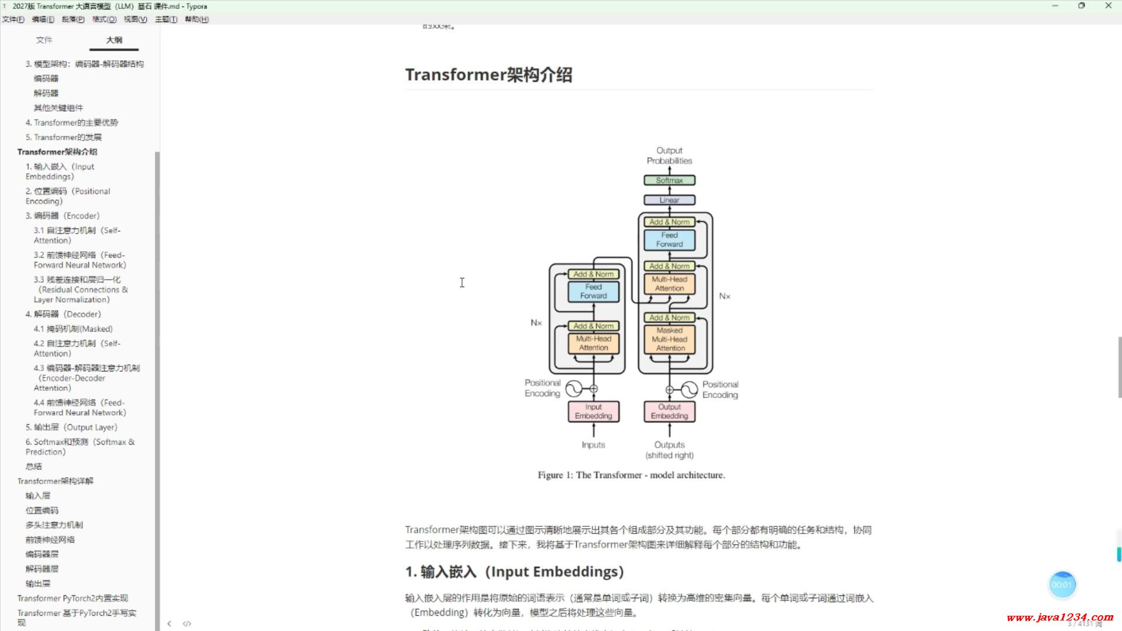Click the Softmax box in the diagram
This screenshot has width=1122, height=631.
click(x=669, y=181)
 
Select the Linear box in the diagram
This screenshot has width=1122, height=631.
click(x=669, y=200)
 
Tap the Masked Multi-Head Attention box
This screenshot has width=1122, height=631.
click(x=670, y=339)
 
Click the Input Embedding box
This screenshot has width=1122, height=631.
click(x=593, y=411)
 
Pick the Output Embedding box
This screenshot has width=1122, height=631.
click(x=669, y=411)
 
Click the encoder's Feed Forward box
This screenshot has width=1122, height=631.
click(x=593, y=292)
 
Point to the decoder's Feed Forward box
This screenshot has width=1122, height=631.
click(x=669, y=240)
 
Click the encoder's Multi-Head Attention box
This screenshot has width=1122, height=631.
click(x=593, y=343)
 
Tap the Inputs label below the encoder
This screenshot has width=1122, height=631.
click(x=593, y=445)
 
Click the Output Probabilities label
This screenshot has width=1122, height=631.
click(x=669, y=155)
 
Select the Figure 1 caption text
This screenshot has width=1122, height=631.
click(x=631, y=475)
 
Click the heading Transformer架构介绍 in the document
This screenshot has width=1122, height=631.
click(x=489, y=75)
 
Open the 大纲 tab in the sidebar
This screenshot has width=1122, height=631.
click(x=114, y=40)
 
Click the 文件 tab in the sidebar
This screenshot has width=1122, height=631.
click(x=44, y=40)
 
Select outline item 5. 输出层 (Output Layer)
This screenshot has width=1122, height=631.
click(x=71, y=427)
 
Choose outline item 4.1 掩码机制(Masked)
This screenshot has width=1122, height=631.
click(x=73, y=329)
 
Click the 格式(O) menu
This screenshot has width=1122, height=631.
click(x=104, y=19)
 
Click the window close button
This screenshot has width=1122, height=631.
click(x=1108, y=6)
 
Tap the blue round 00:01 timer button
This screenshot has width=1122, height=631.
click(x=1062, y=585)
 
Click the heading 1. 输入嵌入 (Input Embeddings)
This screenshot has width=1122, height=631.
click(x=514, y=571)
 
